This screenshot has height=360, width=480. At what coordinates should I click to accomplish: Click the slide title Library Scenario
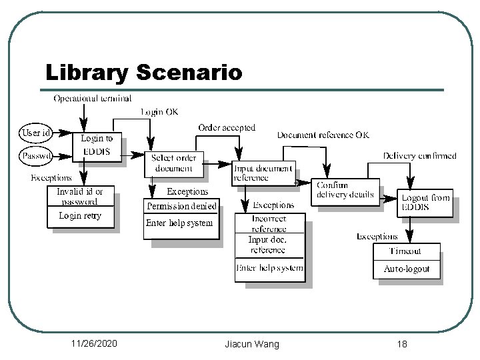tap(143, 72)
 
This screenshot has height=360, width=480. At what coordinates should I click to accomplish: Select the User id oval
tap(36, 133)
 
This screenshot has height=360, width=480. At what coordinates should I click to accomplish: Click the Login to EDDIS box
tap(98, 145)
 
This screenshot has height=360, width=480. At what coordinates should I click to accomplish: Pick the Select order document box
tap(175, 163)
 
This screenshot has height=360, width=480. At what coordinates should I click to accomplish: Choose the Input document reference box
tap(262, 172)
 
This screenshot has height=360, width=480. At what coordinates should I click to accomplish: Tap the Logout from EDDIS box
tap(426, 203)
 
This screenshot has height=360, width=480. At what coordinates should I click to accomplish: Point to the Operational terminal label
tap(92, 99)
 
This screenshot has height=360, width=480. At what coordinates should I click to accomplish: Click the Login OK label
tap(159, 111)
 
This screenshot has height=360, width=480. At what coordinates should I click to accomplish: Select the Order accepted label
tap(227, 127)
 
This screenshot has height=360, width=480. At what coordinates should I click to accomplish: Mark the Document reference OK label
tap(323, 135)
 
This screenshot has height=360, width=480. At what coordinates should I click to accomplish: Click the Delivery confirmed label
tap(420, 156)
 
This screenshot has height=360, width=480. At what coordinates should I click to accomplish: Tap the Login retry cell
tap(80, 216)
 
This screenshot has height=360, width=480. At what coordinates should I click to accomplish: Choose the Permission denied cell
tap(181, 207)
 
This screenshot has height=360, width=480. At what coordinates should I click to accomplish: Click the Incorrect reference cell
tap(269, 223)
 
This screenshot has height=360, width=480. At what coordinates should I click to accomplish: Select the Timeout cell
tap(406, 251)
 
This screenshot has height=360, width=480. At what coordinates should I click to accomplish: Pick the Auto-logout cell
tap(406, 269)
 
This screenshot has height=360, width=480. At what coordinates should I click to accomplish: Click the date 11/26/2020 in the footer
tap(94, 343)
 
